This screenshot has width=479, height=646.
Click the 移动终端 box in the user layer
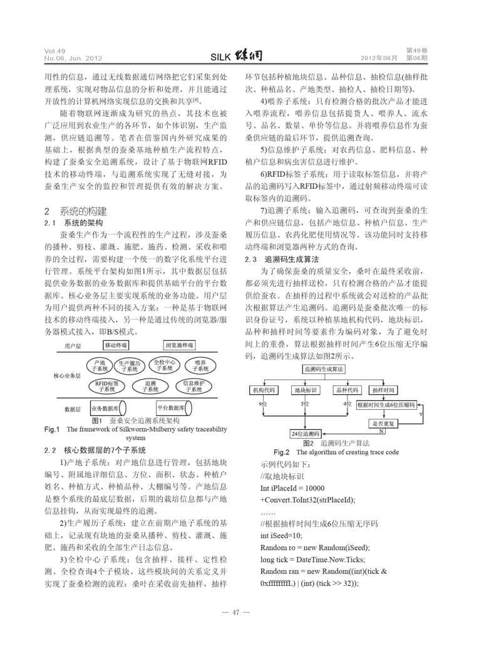117,345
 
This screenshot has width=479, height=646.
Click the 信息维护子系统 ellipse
193,386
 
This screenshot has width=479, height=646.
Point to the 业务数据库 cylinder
109,408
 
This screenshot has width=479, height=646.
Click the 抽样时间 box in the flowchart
383,390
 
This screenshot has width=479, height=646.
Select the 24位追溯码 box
306,434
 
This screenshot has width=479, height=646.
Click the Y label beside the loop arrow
421,414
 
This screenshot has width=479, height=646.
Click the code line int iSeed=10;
281,535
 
